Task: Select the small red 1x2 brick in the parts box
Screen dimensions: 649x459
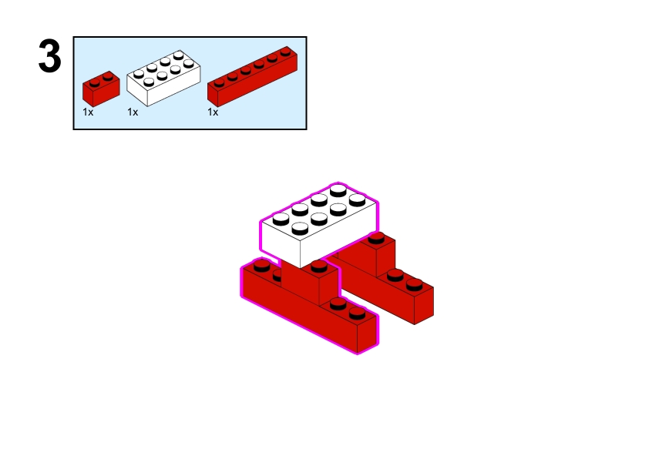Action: (101, 89)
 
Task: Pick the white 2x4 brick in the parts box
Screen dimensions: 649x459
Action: (163, 78)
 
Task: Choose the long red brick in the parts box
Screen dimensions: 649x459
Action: (252, 77)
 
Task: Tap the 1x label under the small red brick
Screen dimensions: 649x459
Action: (88, 112)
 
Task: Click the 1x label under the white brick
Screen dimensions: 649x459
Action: (133, 112)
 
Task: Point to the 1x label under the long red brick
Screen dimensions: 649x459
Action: (213, 112)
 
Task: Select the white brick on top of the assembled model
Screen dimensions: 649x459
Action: (319, 226)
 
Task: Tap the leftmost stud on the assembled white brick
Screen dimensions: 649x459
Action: (281, 219)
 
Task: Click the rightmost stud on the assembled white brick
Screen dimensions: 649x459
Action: (357, 200)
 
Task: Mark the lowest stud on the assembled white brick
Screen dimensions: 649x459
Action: (300, 228)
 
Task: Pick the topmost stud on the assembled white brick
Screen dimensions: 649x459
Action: (338, 191)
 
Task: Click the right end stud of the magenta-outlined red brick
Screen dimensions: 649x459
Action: (357, 313)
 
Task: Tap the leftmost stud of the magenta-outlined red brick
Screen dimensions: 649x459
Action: (261, 266)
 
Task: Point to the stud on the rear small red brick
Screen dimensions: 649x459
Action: (376, 238)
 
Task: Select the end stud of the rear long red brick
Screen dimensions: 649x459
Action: (415, 284)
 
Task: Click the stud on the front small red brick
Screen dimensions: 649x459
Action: (319, 266)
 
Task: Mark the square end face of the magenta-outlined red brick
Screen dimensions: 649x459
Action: (367, 334)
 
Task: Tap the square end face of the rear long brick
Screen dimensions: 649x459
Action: (424, 305)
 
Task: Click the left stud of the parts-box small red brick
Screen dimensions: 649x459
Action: (94, 82)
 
